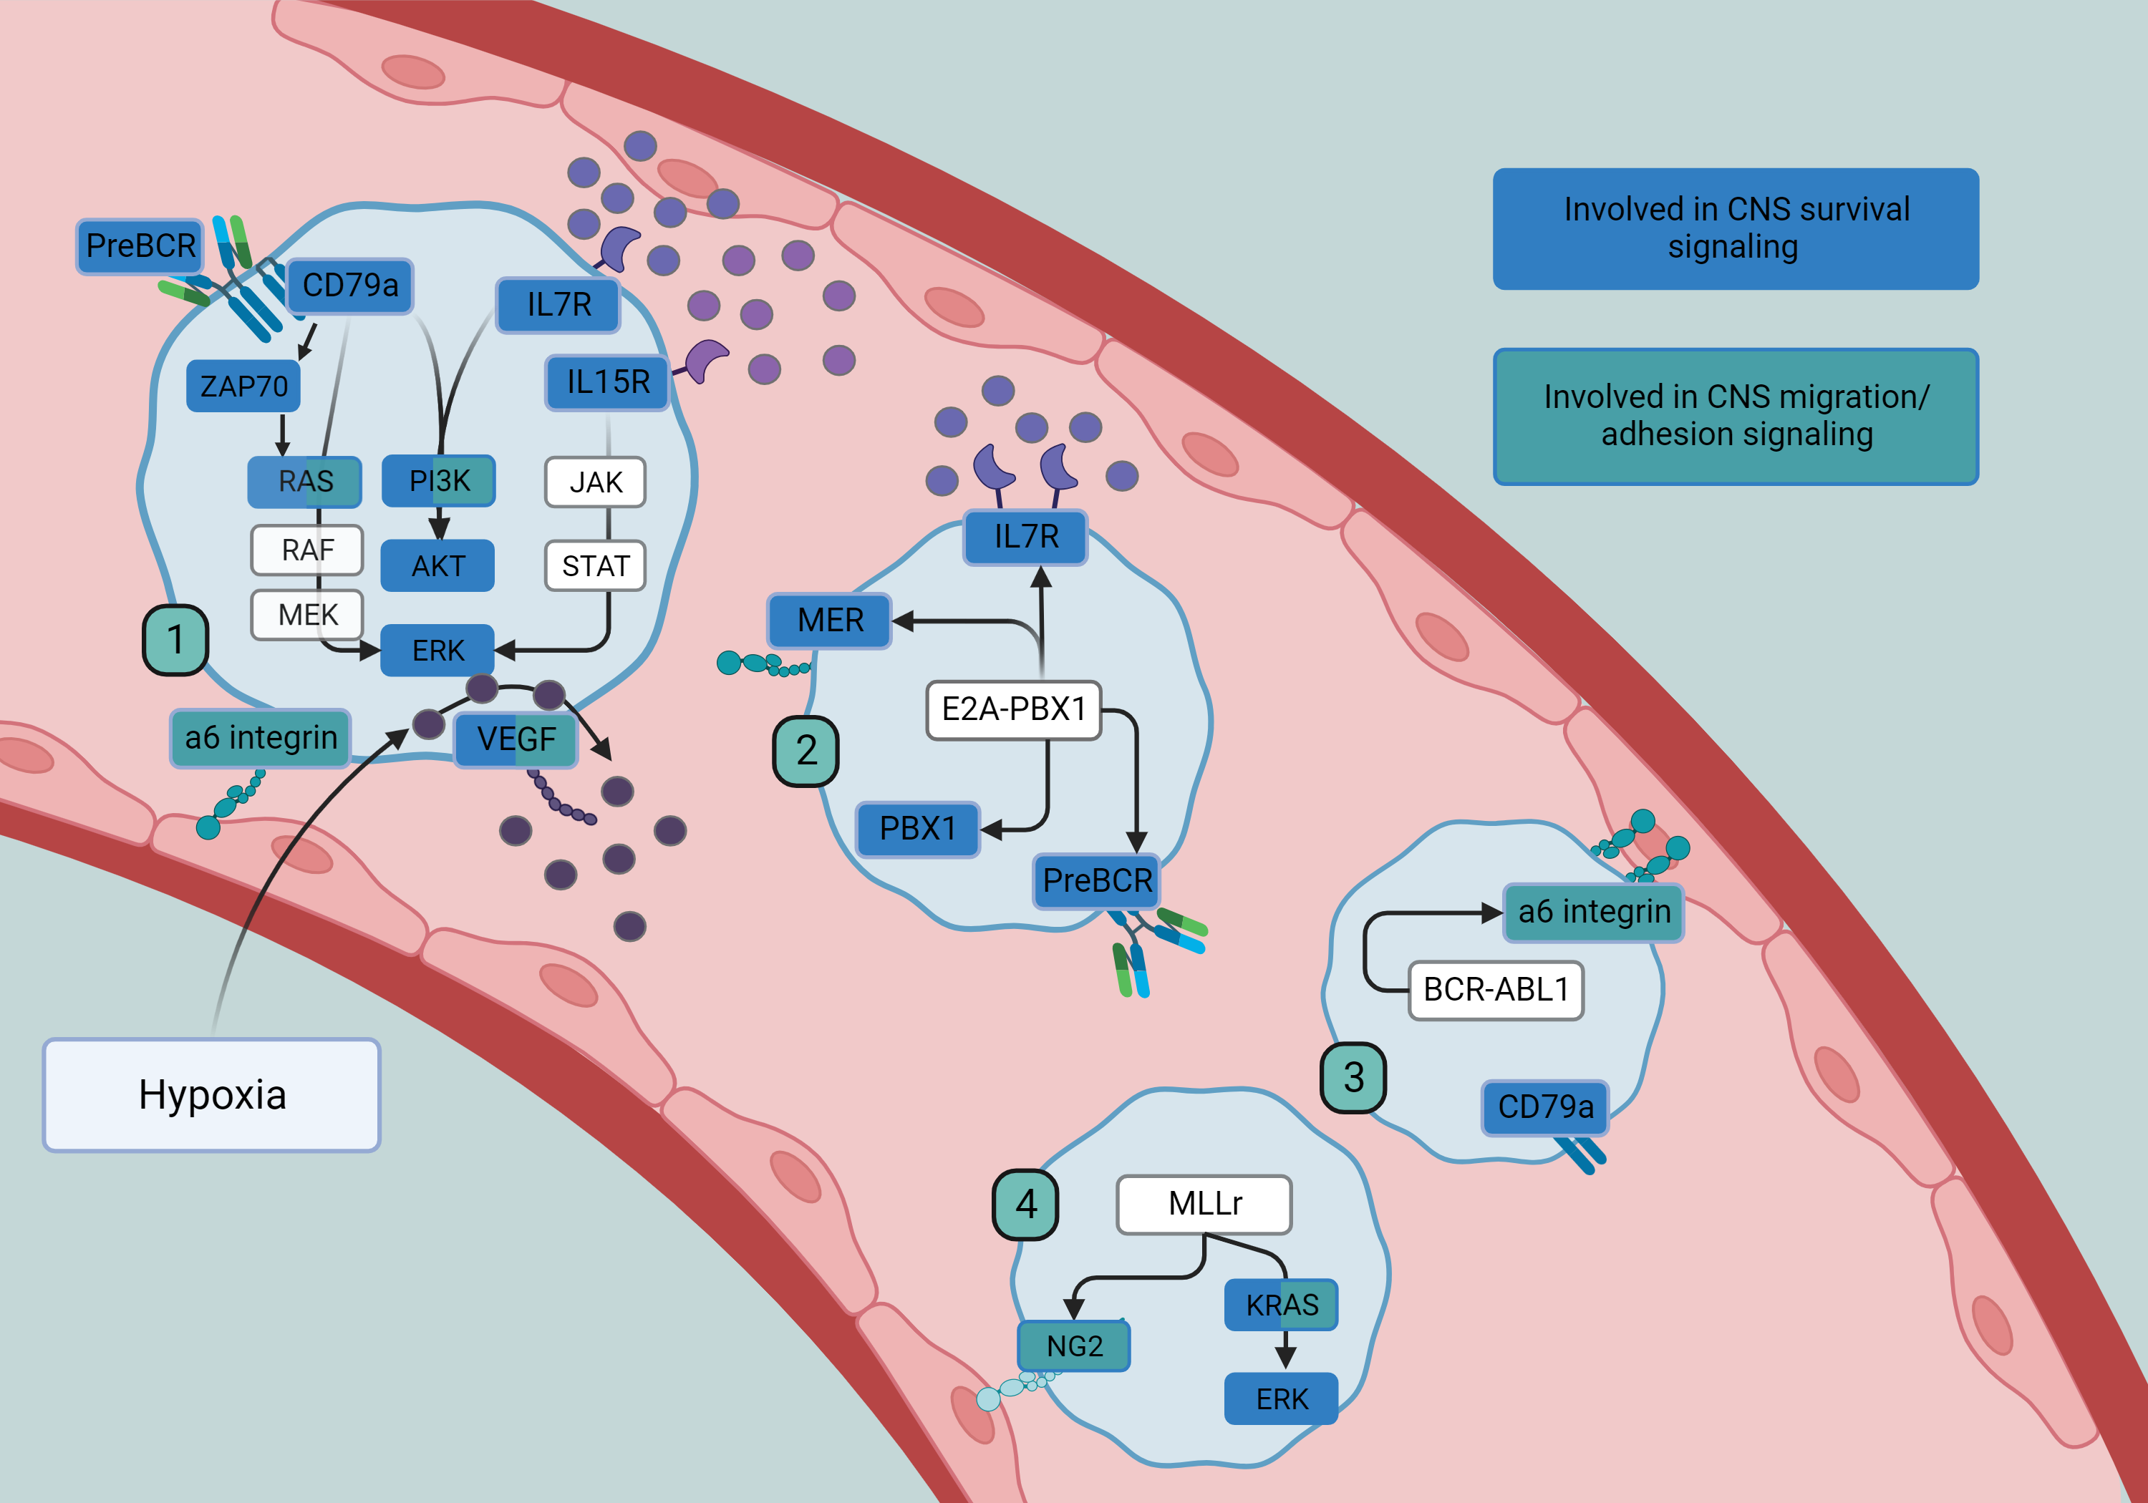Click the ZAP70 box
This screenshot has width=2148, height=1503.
243,386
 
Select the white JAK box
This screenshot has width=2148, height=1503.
595,482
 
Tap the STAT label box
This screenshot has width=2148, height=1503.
595,566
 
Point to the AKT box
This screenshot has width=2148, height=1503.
437,566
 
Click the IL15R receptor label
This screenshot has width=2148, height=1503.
608,381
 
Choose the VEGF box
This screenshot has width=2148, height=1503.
516,739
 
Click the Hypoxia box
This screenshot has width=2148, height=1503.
211,1094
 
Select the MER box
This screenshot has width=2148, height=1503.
830,620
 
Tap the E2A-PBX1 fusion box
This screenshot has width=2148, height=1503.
1013,710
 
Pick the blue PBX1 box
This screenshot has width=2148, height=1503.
918,829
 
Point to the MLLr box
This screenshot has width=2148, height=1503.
1204,1204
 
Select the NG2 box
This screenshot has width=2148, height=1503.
1074,1346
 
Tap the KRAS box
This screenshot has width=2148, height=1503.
1282,1305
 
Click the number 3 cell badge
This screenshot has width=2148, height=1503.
1353,1077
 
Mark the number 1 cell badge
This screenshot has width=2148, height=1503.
175,640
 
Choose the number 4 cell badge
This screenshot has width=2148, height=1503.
1025,1205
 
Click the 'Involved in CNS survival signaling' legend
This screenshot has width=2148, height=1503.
1736,228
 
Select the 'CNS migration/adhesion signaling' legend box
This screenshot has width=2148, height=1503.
1736,417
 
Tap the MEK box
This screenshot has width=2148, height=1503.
308,615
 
